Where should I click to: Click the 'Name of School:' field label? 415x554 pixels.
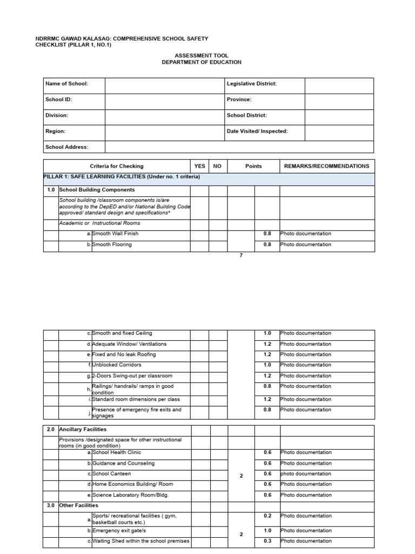click(x=66, y=84)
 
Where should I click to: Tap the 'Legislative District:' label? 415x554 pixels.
click(x=251, y=84)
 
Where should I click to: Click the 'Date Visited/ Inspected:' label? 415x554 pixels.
click(x=257, y=131)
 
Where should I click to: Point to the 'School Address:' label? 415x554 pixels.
click(x=67, y=147)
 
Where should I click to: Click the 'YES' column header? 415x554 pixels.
click(x=199, y=166)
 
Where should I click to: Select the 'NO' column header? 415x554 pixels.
click(x=217, y=166)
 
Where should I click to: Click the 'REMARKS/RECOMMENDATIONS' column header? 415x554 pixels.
click(x=326, y=166)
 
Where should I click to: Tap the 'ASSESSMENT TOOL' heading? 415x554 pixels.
click(x=202, y=56)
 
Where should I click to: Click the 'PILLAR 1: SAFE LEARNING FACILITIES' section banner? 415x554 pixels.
click(x=122, y=177)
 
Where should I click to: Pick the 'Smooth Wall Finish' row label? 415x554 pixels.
click(x=115, y=234)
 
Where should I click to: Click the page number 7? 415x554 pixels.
click(x=241, y=255)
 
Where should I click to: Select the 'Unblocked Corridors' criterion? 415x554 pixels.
click(x=116, y=365)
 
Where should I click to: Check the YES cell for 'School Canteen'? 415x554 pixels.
click(x=199, y=474)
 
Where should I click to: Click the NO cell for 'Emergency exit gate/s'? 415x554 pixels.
click(x=218, y=531)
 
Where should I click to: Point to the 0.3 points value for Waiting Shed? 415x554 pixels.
click(x=267, y=541)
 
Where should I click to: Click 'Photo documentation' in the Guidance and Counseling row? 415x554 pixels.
click(x=306, y=463)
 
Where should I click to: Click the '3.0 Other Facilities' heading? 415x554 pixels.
click(x=78, y=505)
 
